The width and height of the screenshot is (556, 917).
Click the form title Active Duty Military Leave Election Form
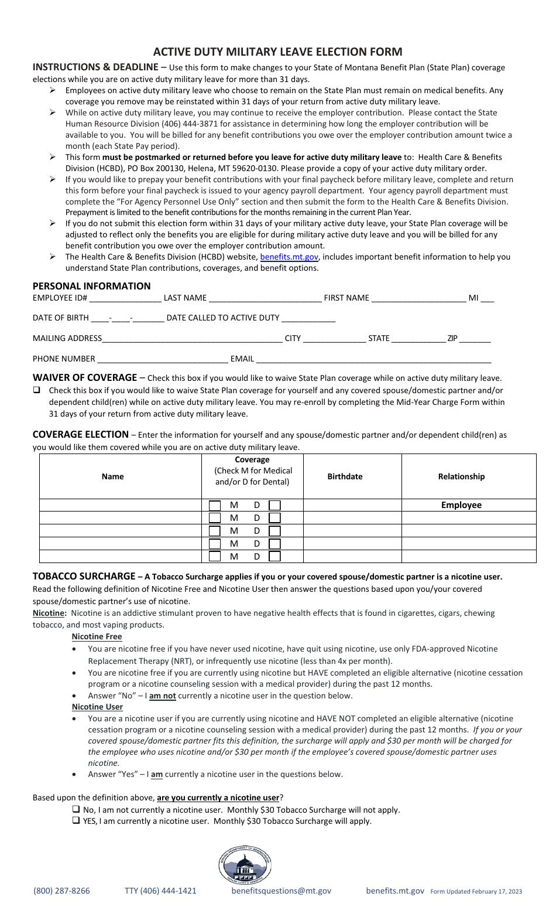tap(277, 52)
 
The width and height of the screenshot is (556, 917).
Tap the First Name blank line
tap(418, 298)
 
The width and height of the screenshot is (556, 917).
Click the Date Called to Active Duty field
tap(308, 318)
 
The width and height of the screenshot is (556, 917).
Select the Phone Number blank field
tap(163, 359)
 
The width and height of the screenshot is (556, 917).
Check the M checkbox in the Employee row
tap(215, 505)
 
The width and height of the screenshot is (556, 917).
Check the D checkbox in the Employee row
tap(274, 505)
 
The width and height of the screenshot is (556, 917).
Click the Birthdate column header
tap(345, 476)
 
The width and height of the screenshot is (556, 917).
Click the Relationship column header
tap(461, 476)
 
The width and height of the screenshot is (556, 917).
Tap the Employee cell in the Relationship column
tap(461, 505)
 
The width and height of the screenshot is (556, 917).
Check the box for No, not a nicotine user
tap(76, 810)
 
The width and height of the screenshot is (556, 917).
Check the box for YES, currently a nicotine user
tap(76, 821)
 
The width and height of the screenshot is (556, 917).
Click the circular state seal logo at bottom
tap(245, 865)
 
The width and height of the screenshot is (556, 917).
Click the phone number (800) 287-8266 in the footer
tap(62, 891)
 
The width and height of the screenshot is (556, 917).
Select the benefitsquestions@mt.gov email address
tap(282, 891)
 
